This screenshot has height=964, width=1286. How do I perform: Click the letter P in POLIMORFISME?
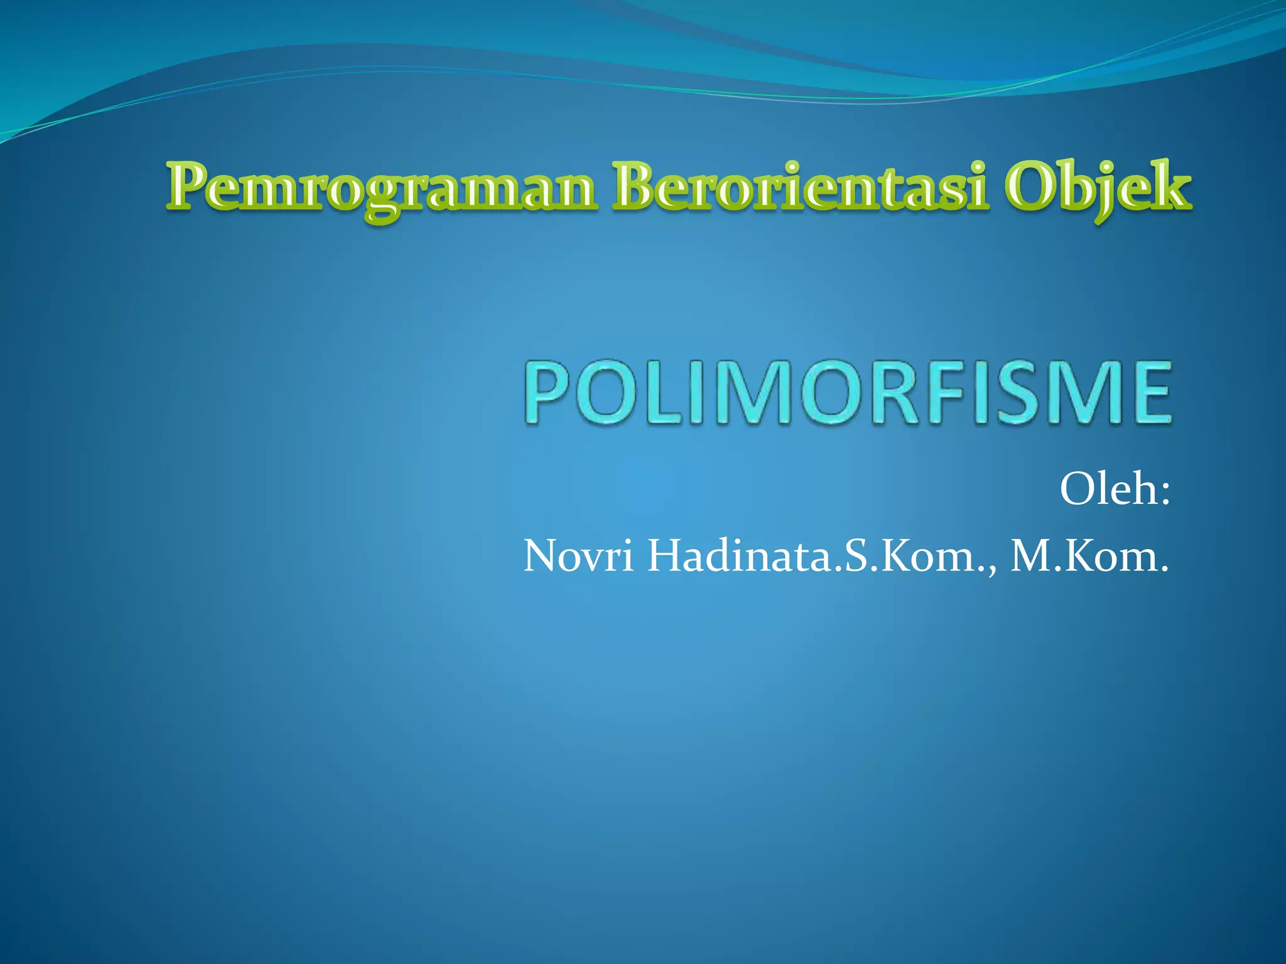[x=548, y=392]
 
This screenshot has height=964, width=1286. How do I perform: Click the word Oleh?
[x=1108, y=489]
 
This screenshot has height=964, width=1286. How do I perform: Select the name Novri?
[x=578, y=556]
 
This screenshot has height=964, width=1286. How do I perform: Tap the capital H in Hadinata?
[x=666, y=555]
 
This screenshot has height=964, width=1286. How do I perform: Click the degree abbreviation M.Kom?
[x=1089, y=556]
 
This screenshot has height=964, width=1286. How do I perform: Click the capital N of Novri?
[x=541, y=555]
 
